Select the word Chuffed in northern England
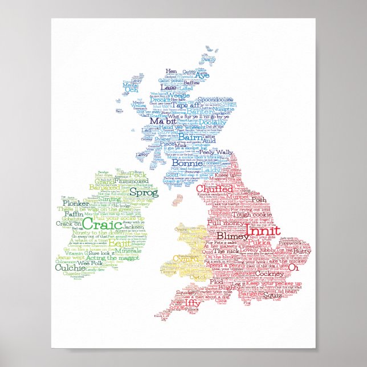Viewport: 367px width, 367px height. point(214,189)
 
